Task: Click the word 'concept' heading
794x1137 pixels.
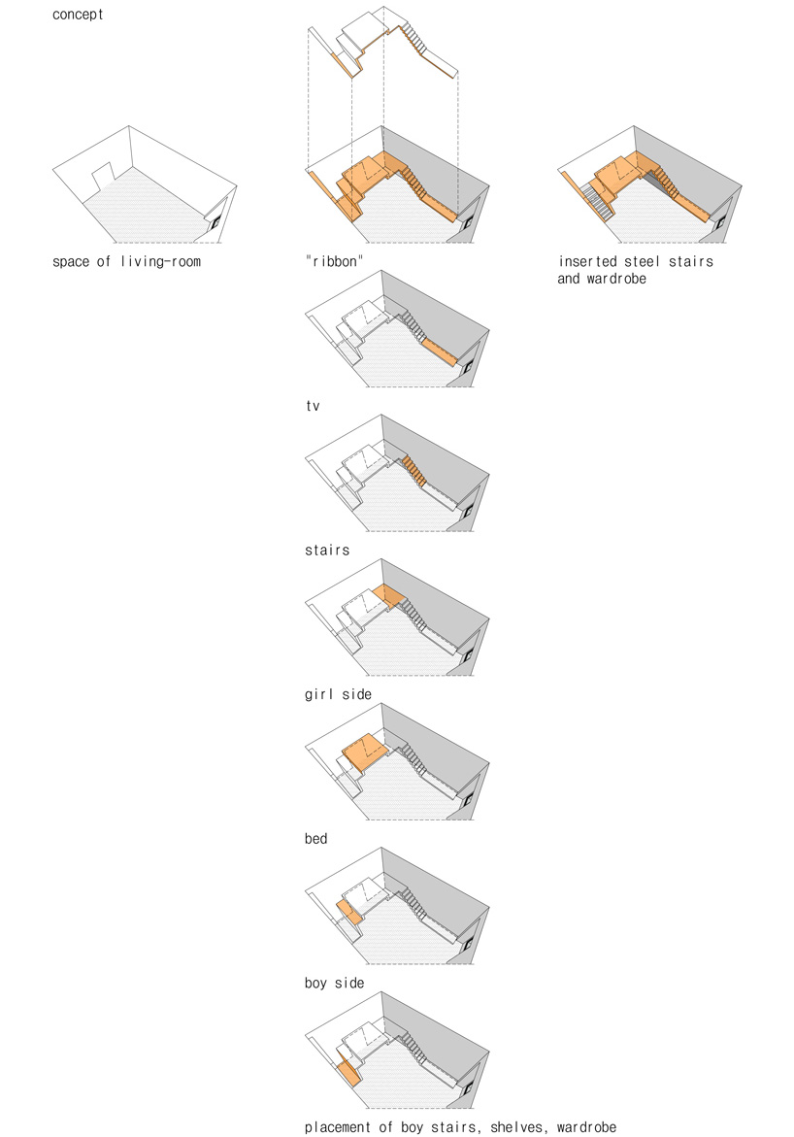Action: (78, 15)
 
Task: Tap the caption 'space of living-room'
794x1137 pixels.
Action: (126, 262)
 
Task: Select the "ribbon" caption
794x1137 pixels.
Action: (334, 262)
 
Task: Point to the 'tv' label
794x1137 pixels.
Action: (313, 406)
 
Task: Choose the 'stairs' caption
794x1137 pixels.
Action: (327, 551)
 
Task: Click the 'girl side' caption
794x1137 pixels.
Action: (338, 694)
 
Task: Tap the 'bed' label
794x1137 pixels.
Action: (316, 839)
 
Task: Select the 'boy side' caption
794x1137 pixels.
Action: (334, 984)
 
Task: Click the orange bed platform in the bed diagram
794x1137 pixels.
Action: (366, 752)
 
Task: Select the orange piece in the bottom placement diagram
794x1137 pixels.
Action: (349, 1069)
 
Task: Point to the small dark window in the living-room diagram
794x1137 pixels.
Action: (215, 222)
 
